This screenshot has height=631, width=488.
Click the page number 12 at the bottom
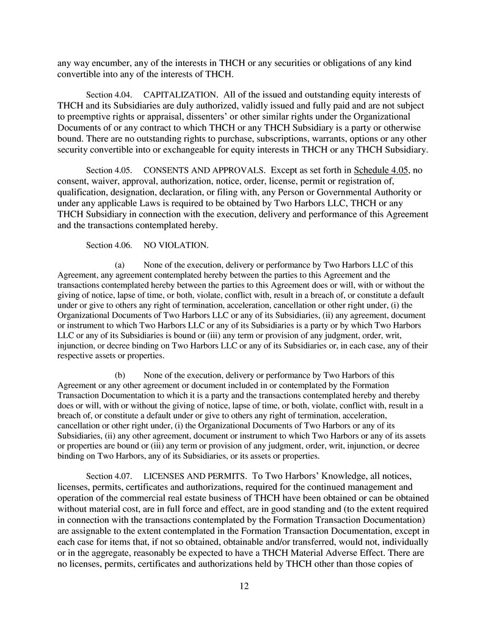244,586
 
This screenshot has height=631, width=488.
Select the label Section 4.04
108,95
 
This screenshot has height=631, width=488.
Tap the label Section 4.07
108,476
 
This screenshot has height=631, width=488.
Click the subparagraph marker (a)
120,265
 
